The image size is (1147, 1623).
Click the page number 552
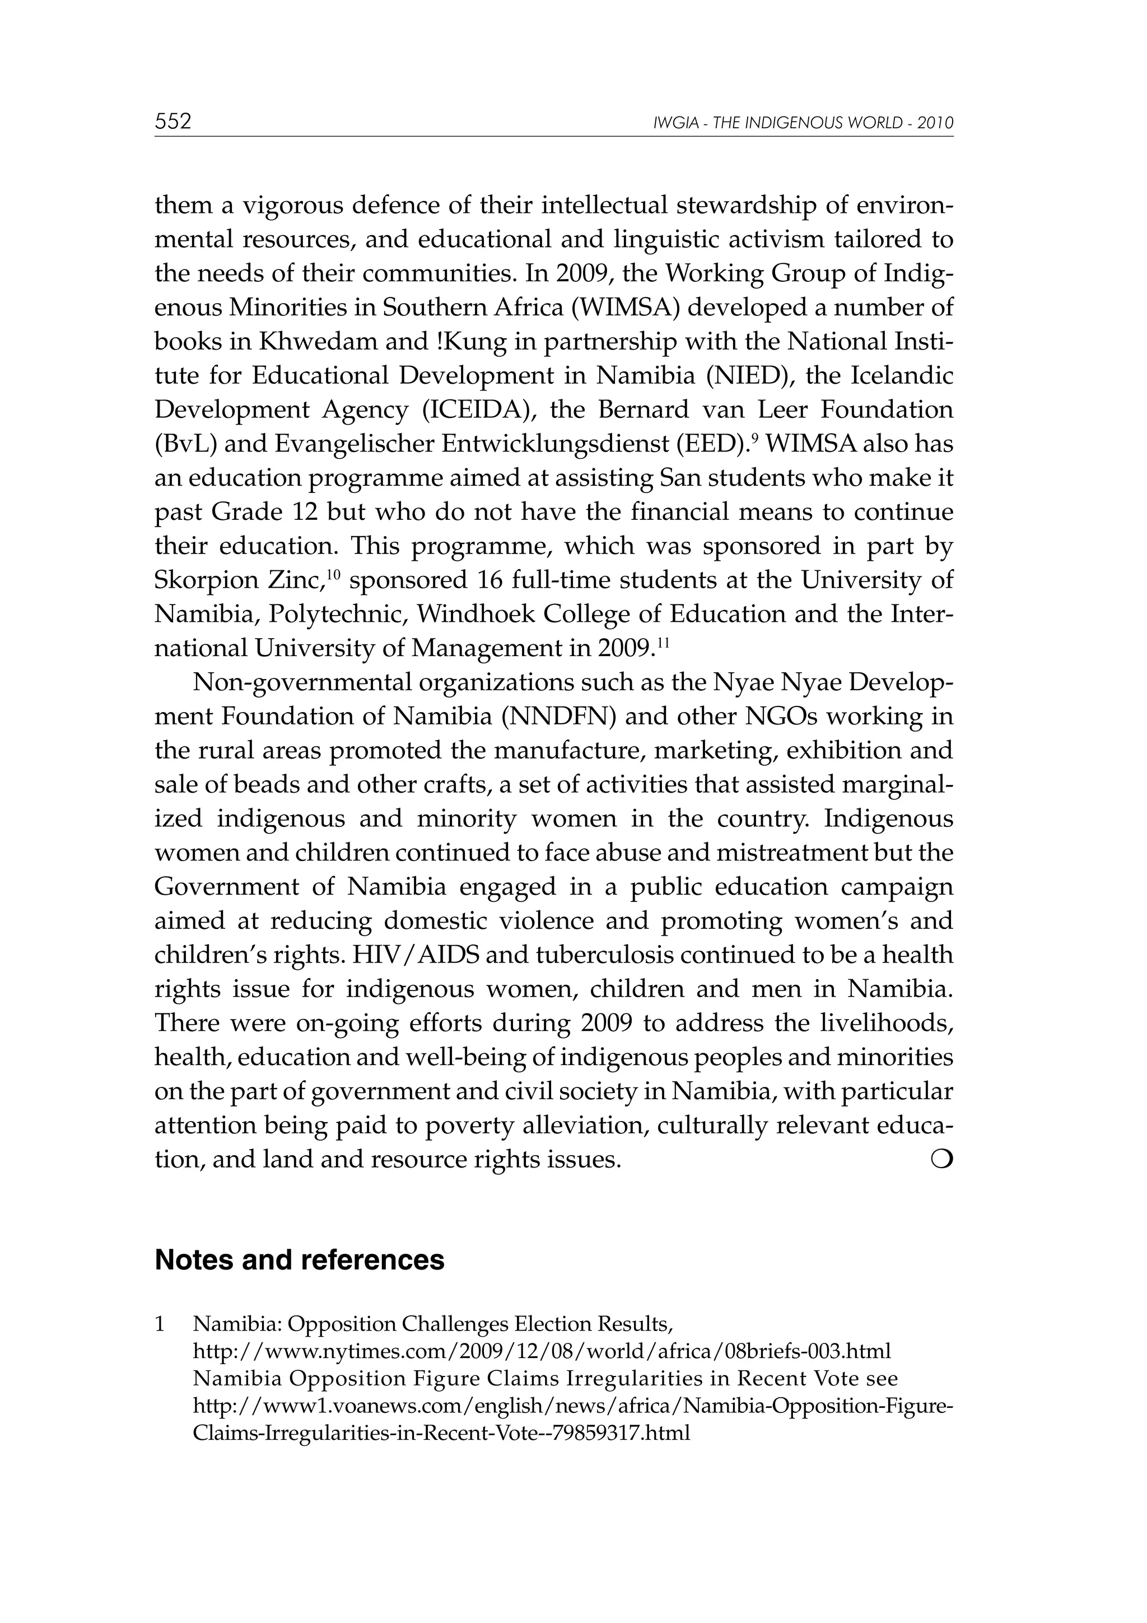(173, 122)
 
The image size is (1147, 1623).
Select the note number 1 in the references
(160, 1323)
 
